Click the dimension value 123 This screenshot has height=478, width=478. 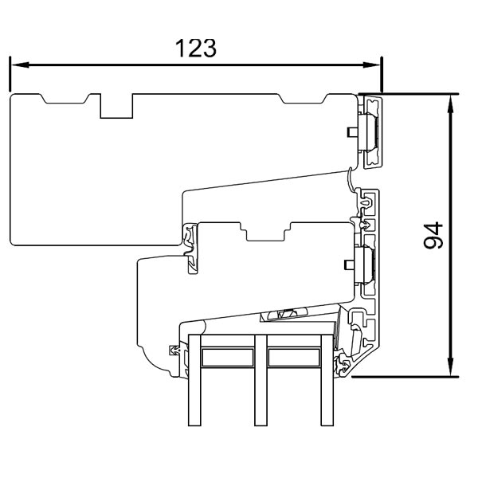196,48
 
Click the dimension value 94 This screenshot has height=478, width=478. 433,236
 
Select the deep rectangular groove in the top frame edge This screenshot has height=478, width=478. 116,106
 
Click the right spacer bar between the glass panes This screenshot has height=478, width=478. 292,359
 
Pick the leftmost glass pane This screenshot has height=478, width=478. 192,382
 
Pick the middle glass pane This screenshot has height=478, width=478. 259,382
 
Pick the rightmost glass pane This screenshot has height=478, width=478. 325,382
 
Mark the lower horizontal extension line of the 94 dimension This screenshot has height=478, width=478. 406,376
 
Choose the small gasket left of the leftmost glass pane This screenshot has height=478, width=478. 174,351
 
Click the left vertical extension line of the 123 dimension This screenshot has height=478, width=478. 10,76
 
